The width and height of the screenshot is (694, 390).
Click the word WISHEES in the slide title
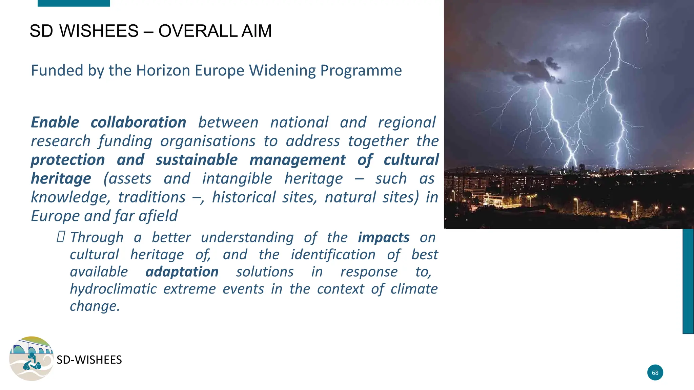click(x=99, y=31)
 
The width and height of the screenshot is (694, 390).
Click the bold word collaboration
click(x=138, y=123)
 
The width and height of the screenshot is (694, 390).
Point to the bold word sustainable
click(x=197, y=160)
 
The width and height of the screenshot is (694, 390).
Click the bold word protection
click(x=68, y=160)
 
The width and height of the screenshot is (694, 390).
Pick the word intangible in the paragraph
click(x=237, y=178)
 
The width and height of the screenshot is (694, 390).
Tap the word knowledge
click(x=70, y=197)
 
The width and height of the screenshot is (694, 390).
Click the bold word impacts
click(x=384, y=238)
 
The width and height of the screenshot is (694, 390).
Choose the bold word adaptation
click(x=182, y=272)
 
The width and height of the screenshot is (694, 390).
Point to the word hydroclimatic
click(x=113, y=289)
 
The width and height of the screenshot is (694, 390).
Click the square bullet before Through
click(x=61, y=237)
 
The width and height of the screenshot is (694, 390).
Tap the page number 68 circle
click(x=655, y=372)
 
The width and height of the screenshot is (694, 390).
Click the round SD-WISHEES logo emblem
click(x=31, y=358)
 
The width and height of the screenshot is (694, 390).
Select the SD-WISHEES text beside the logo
click(x=89, y=360)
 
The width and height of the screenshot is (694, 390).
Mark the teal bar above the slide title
click(x=74, y=3)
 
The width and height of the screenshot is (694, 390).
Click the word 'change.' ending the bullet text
click(x=95, y=306)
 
